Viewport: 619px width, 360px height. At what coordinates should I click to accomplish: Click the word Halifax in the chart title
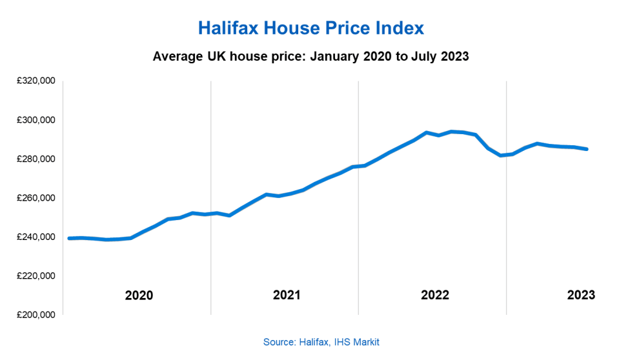point(228,28)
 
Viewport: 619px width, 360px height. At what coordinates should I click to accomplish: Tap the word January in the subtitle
point(335,56)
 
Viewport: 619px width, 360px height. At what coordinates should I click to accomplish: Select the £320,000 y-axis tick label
point(36,81)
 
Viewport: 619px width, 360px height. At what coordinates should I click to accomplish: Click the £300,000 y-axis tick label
point(36,120)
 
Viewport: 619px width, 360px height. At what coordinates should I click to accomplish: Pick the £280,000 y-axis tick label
point(36,159)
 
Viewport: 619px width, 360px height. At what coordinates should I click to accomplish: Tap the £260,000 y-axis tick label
point(36,198)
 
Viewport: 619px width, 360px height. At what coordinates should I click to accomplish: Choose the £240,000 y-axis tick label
point(36,237)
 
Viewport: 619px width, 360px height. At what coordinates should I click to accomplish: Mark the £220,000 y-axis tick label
point(36,276)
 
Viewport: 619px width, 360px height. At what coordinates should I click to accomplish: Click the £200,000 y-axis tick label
point(36,315)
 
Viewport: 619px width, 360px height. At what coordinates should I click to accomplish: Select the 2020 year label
point(139,295)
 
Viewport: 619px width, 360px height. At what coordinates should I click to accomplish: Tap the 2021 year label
point(287,295)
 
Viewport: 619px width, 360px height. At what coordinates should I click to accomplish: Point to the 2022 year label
point(435,295)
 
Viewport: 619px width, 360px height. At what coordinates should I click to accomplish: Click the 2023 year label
point(581,295)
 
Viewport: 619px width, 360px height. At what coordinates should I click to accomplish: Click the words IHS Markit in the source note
point(356,342)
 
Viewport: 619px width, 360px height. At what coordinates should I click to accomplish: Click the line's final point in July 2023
point(587,149)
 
